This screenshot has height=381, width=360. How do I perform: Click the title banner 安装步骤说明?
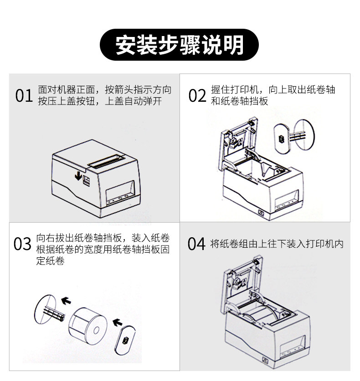click(x=179, y=45)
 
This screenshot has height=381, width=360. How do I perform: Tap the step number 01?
click(x=24, y=96)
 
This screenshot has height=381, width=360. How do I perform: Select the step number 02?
click(x=197, y=96)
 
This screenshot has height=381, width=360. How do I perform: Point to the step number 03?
click(x=23, y=244)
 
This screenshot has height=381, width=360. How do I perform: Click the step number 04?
click(x=196, y=244)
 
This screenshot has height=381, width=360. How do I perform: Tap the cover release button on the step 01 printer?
click(x=87, y=181)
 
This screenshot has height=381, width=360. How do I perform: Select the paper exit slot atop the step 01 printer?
click(x=106, y=162)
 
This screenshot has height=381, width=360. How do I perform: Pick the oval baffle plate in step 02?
click(x=282, y=139)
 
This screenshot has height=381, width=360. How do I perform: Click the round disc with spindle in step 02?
click(x=303, y=135)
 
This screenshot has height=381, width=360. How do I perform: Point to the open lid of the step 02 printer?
click(x=238, y=143)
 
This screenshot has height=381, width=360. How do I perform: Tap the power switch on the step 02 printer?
click(x=261, y=213)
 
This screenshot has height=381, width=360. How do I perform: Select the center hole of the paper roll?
click(x=96, y=330)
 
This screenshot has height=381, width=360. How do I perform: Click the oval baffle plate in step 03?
click(x=125, y=340)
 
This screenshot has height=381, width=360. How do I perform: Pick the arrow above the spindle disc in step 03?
click(x=66, y=301)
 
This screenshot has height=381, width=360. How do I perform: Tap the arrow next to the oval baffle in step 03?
click(x=118, y=323)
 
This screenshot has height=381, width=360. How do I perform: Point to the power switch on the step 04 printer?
click(x=265, y=360)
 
